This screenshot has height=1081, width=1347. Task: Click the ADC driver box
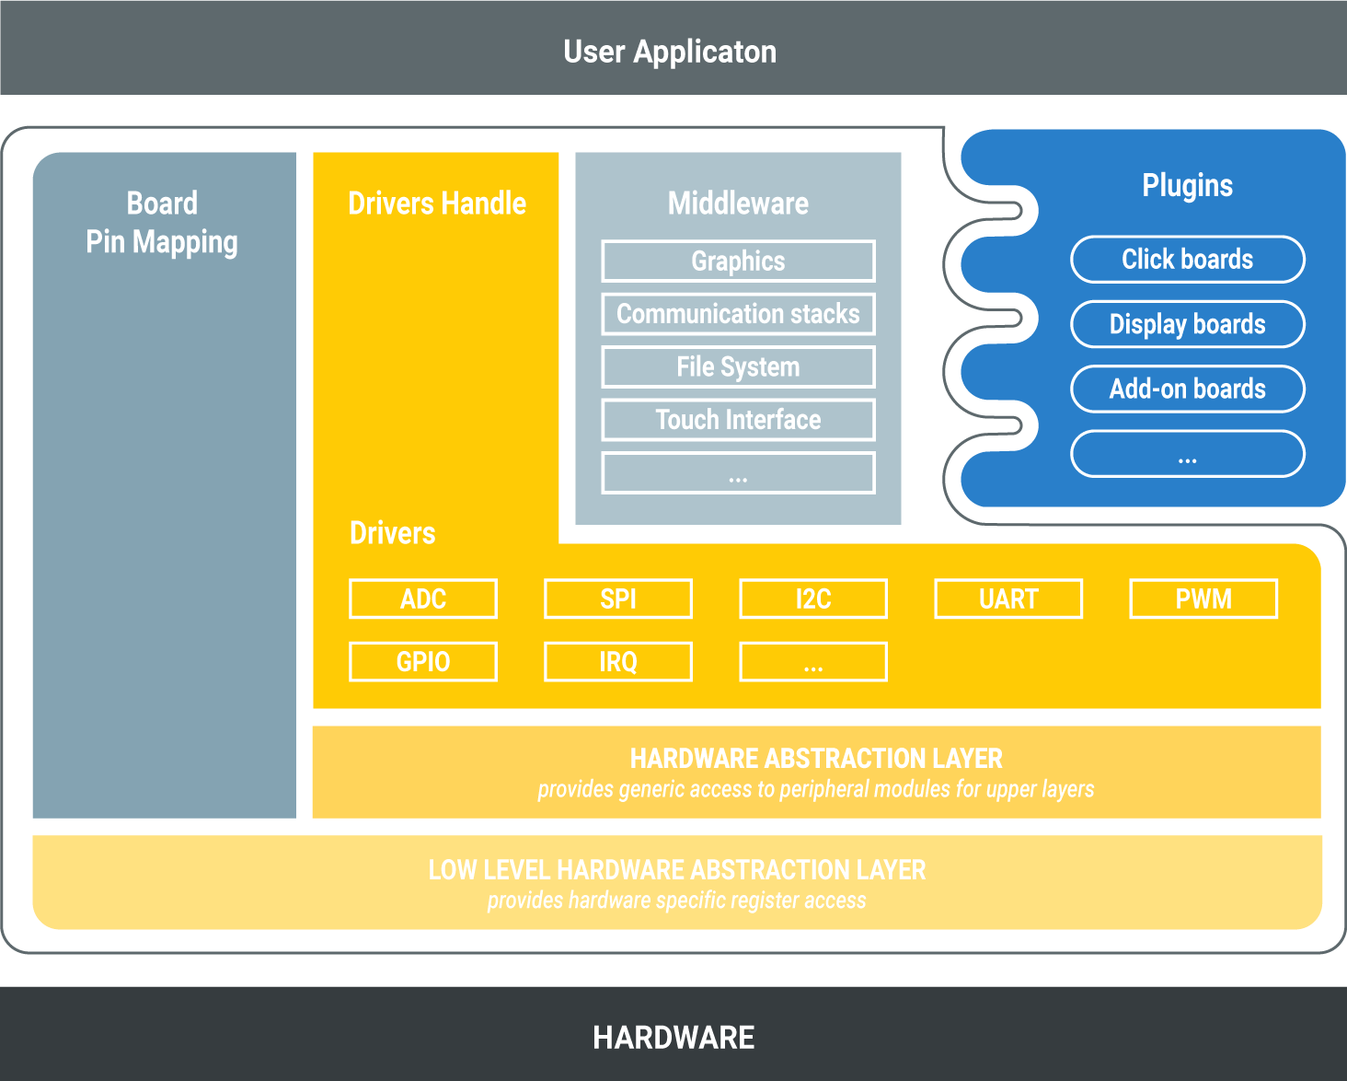point(423,599)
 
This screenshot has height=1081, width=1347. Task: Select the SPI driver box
point(618,599)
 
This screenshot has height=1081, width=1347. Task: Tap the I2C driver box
point(813,599)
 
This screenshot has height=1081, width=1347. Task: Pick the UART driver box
point(1008,599)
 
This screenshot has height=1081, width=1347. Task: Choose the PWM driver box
point(1203,599)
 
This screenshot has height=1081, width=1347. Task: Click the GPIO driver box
point(423,661)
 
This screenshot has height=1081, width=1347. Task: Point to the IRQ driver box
point(618,661)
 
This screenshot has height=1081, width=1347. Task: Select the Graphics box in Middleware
point(738,262)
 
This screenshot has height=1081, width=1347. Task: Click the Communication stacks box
point(738,314)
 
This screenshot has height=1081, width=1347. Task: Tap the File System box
point(738,366)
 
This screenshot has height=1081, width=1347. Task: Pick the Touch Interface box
point(738,420)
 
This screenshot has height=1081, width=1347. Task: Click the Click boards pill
point(1187,260)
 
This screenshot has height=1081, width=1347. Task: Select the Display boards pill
point(1187,324)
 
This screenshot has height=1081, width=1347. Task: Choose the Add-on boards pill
point(1187,389)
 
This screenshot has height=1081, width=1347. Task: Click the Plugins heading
point(1187,185)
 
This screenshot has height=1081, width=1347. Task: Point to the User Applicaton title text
point(670,52)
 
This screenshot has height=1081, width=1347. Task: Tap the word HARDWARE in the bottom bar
point(673,1038)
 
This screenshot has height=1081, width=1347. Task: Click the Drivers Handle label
point(437,203)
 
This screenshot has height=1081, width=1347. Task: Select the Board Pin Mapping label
point(162,223)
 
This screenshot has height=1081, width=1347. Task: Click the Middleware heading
point(738,203)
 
